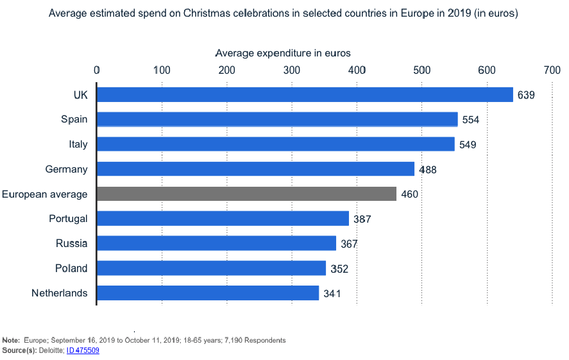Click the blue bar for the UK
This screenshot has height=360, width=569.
(305, 94)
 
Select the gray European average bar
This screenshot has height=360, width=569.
(246, 193)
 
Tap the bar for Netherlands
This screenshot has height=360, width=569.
(208, 293)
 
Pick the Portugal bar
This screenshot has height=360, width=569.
(223, 218)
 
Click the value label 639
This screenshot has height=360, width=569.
(526, 95)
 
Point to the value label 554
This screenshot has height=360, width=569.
(471, 119)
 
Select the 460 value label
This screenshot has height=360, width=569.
(410, 194)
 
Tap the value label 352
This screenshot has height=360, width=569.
(339, 268)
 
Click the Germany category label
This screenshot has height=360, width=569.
(67, 169)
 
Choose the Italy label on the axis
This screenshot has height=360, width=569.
(78, 144)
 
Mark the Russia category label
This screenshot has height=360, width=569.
(72, 243)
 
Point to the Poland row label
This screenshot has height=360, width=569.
(71, 268)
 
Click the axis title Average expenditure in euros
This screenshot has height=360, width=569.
(283, 53)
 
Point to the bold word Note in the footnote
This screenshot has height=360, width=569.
(11, 339)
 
